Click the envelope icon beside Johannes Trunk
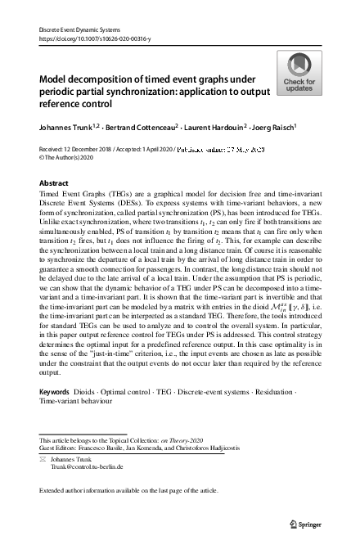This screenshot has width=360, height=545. point(43,462)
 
